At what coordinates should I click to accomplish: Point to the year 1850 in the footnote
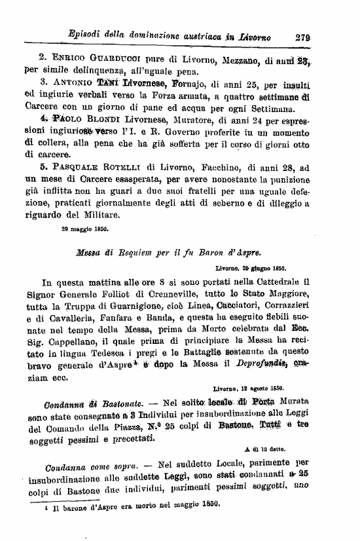(x=207, y=504)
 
